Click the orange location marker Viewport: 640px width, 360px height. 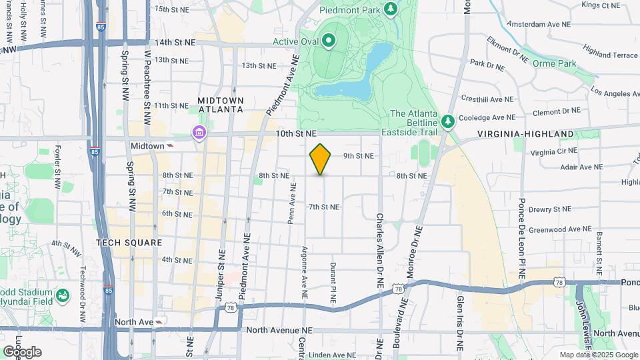click(320, 159)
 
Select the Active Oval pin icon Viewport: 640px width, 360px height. click(328, 41)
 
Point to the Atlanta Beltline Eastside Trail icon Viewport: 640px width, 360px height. click(449, 121)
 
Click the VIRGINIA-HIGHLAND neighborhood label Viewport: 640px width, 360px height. click(525, 134)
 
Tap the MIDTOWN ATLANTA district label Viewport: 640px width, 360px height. click(221, 105)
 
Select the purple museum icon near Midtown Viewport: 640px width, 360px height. click(198, 133)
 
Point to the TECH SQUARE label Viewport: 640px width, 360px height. click(129, 243)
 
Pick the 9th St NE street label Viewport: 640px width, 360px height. click(358, 156)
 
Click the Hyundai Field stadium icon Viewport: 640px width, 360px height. click(63, 295)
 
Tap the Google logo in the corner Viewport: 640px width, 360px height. click(22, 351)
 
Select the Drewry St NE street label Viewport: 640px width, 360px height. click(549, 209)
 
